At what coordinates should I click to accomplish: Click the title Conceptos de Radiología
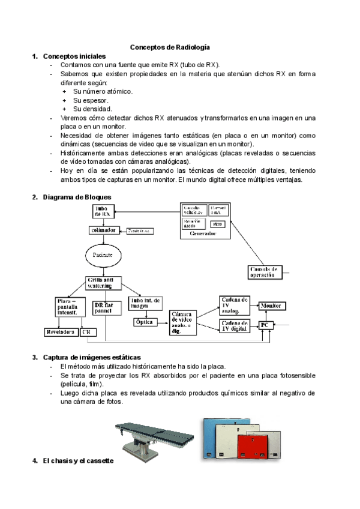coord(170,47)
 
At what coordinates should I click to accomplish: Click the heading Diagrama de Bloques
coord(76,197)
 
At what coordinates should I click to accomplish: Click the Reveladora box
coord(61,331)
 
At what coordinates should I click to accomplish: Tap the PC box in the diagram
coord(265,325)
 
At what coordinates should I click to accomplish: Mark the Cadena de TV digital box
coord(235,325)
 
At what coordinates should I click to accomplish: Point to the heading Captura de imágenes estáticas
coord(91,357)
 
